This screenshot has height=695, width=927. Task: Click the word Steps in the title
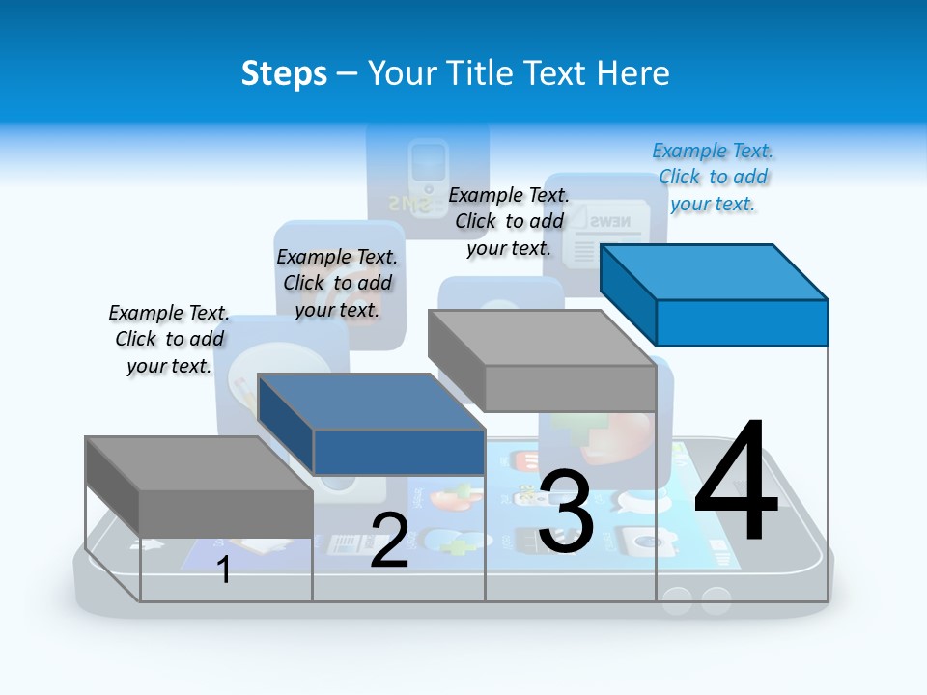click(284, 73)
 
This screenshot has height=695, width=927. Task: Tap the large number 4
click(736, 483)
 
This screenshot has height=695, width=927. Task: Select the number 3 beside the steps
click(566, 512)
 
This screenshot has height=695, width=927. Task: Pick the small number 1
click(224, 570)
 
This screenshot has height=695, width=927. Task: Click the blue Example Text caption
click(713, 178)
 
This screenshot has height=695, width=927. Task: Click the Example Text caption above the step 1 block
click(169, 339)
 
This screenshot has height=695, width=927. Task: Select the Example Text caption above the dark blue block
click(337, 283)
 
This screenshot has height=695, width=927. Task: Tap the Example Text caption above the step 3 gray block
click(509, 221)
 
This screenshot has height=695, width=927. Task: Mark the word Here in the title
click(633, 73)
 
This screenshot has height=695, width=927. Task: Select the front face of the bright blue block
click(742, 322)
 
